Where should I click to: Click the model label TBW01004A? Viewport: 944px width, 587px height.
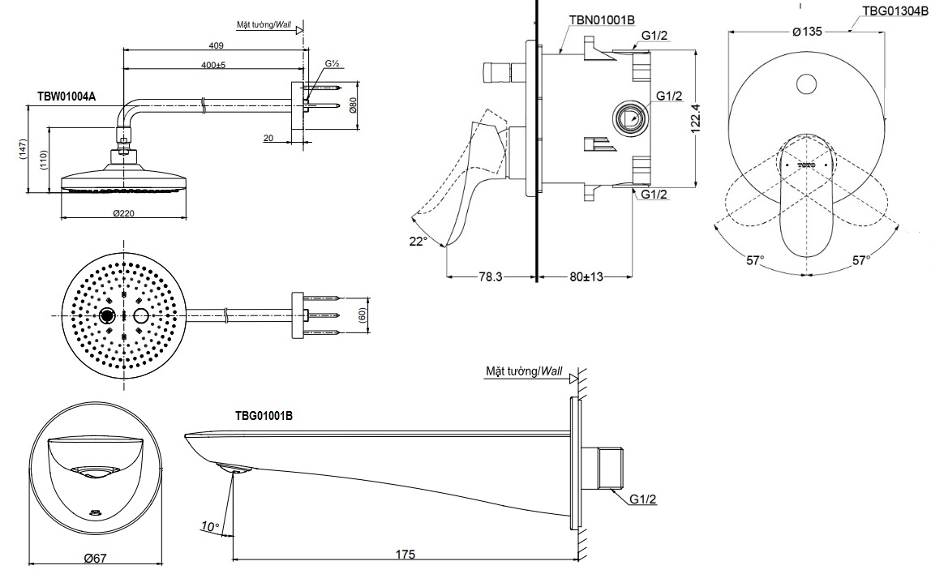click(x=67, y=96)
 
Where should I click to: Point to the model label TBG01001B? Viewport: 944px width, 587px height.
click(x=264, y=415)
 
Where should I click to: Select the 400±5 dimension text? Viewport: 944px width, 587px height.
click(x=215, y=63)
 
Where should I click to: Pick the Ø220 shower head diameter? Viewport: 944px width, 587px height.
click(x=123, y=212)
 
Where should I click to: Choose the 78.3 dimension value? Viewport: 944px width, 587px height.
click(x=490, y=276)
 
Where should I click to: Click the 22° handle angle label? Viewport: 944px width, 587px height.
click(x=418, y=241)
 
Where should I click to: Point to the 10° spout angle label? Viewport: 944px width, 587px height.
click(x=210, y=527)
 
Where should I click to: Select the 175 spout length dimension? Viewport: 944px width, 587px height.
click(x=405, y=555)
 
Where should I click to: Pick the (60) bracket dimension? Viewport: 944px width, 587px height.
click(x=363, y=314)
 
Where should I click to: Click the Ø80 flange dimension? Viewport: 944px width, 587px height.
click(x=354, y=105)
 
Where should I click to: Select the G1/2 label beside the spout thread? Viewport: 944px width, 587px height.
click(x=643, y=499)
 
